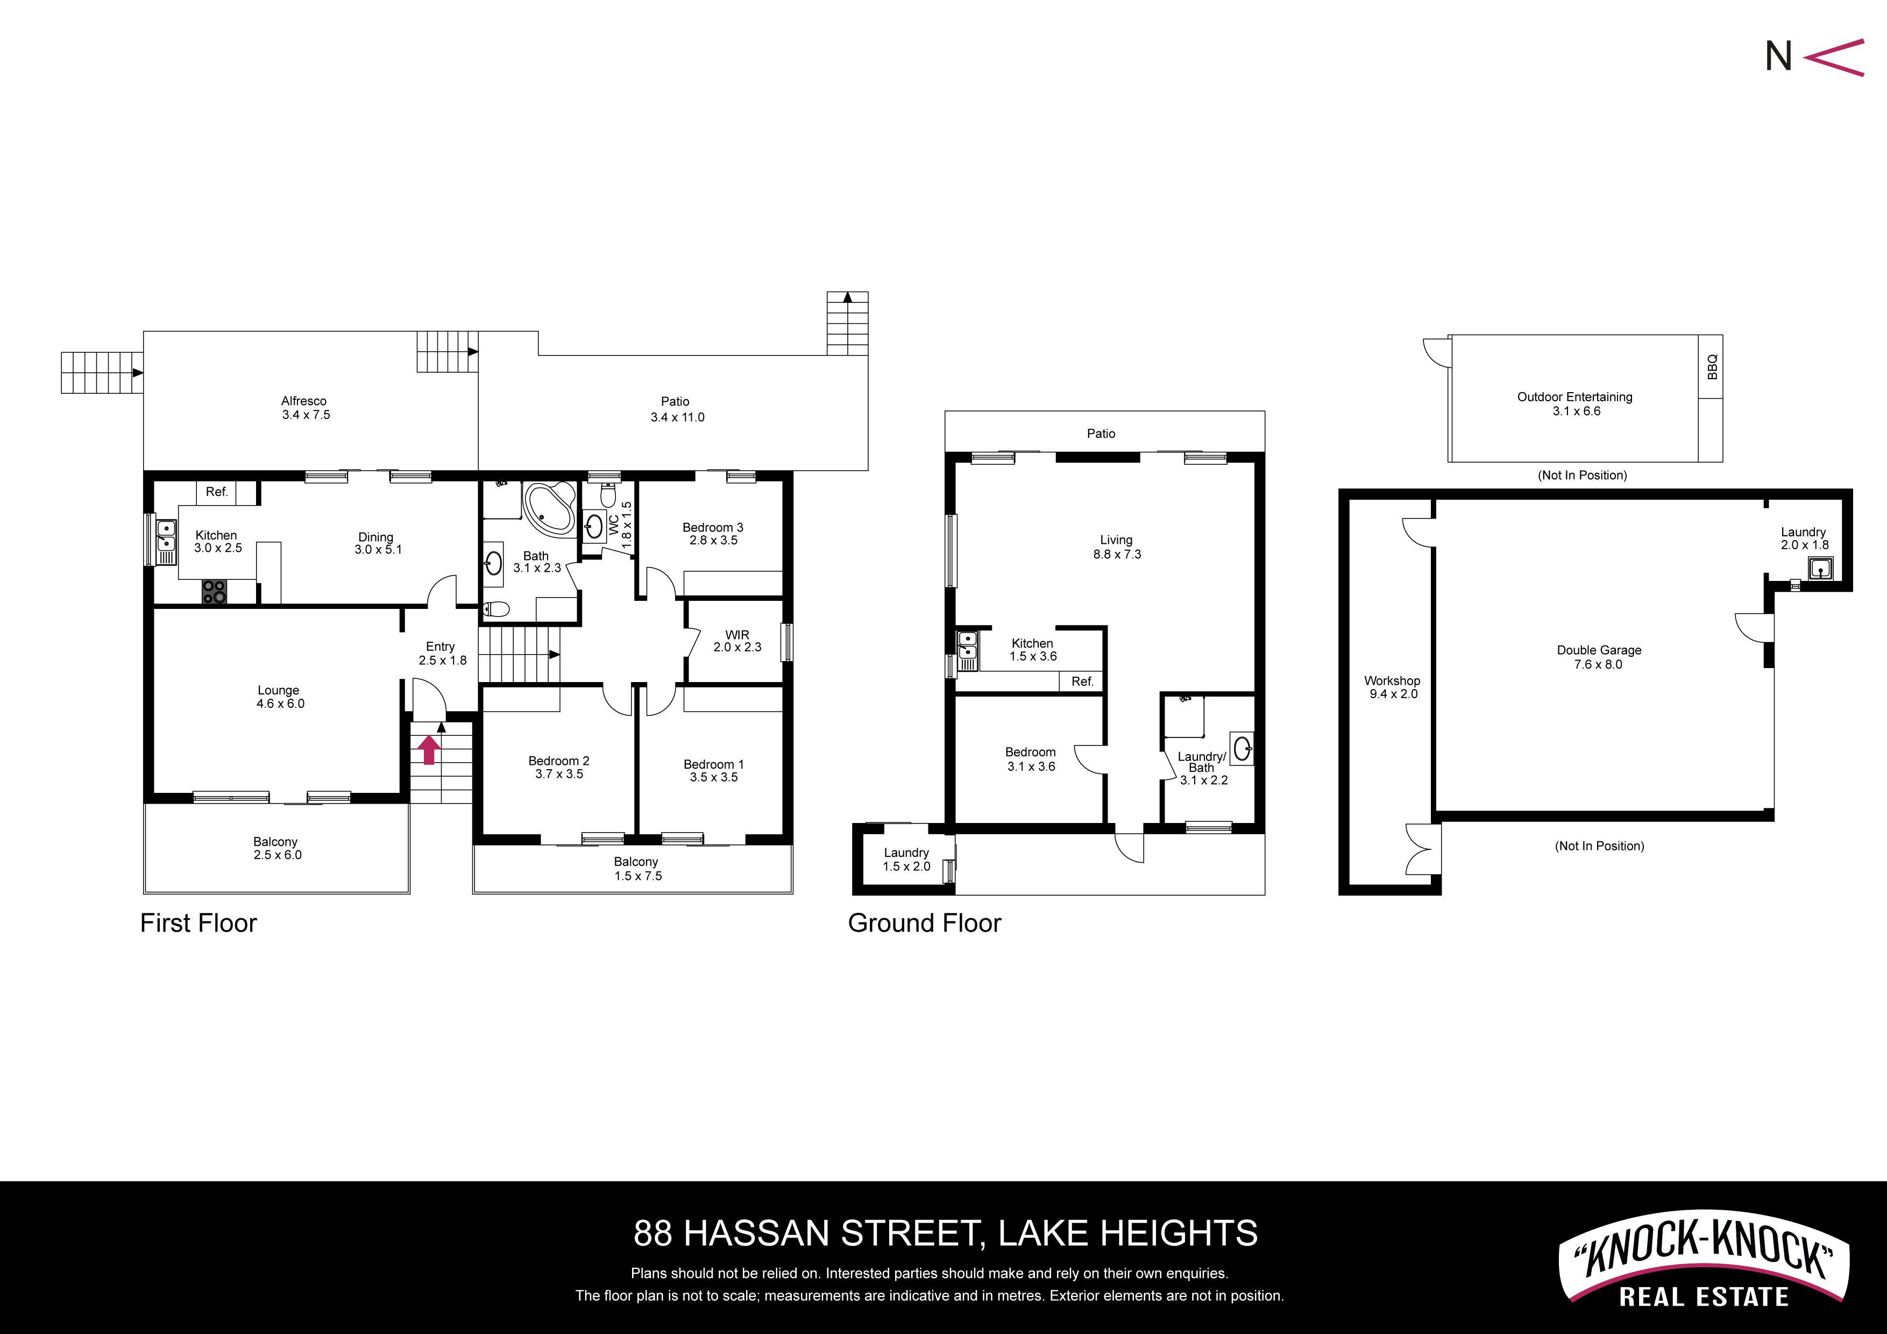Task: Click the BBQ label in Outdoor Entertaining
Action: (x=1712, y=367)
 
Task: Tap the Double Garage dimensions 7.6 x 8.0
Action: (x=1599, y=664)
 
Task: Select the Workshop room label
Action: (x=1392, y=680)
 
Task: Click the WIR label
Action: (x=737, y=635)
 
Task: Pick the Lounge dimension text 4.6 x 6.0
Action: (x=280, y=704)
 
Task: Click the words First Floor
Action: (x=198, y=923)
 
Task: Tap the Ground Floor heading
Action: (x=925, y=923)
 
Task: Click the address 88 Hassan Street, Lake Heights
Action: (x=945, y=1233)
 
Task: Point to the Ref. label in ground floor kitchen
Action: (x=1082, y=682)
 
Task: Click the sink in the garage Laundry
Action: (x=1820, y=568)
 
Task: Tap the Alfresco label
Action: (x=304, y=401)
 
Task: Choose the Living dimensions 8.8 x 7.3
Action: (x=1117, y=554)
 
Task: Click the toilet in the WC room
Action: (x=608, y=495)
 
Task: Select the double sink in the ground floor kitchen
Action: (x=967, y=646)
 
